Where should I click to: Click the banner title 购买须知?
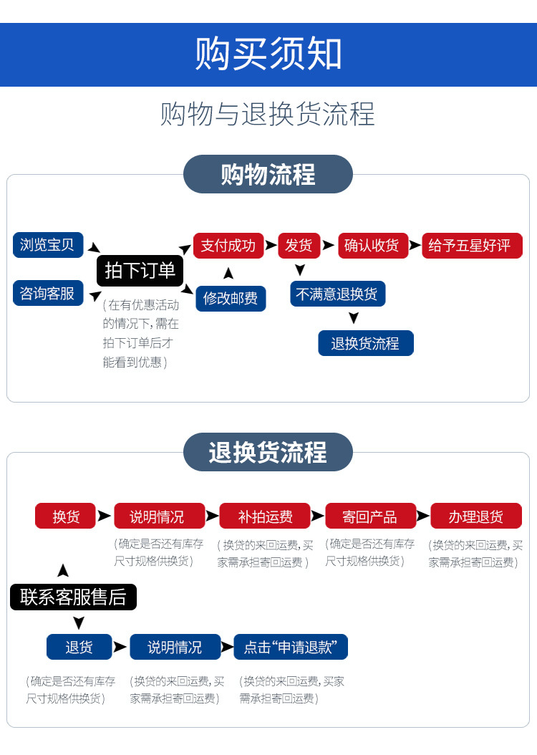(x=268, y=54)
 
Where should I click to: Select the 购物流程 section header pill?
(x=268, y=174)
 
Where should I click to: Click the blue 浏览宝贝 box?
(x=48, y=245)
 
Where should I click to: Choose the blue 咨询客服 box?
(x=48, y=293)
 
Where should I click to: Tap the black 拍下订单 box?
(x=140, y=270)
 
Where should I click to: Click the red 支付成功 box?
(x=228, y=246)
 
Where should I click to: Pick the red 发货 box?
(x=299, y=246)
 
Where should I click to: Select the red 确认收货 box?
(x=372, y=246)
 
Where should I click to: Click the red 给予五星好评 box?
(x=471, y=246)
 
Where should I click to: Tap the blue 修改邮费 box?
(x=231, y=298)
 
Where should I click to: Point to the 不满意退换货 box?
(x=337, y=294)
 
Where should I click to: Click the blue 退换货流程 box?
(x=366, y=343)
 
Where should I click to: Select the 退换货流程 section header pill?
(x=268, y=452)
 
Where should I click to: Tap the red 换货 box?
(x=65, y=516)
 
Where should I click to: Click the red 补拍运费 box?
(x=265, y=516)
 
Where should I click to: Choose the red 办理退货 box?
(x=476, y=516)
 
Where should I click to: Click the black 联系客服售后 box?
(x=73, y=597)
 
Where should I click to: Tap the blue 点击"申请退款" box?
(x=291, y=647)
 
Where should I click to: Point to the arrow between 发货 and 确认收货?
(x=328, y=245)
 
